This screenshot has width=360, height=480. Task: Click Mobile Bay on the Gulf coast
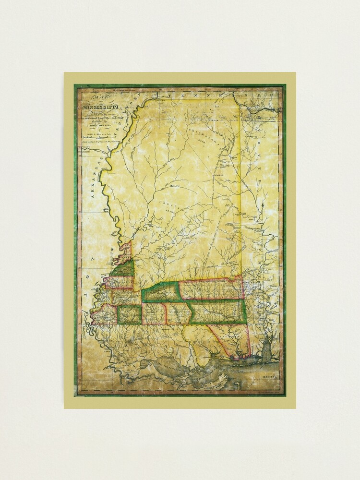(266, 348)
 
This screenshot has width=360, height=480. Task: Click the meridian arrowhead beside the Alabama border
(263, 205)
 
